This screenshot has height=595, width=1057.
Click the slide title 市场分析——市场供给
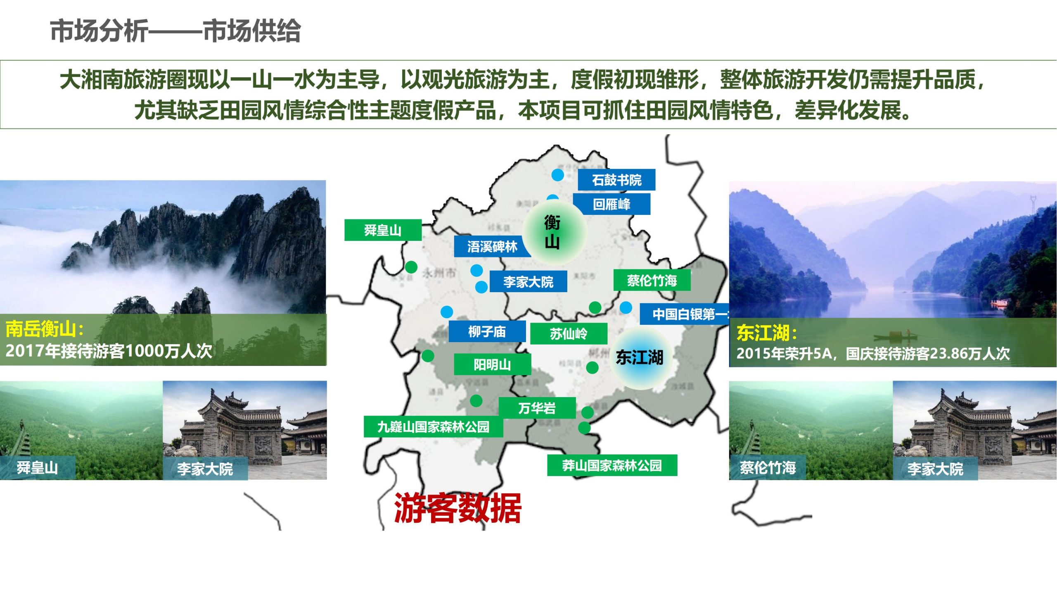(x=175, y=31)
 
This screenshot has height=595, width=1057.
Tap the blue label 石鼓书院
(x=616, y=180)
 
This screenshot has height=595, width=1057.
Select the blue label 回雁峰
(x=611, y=204)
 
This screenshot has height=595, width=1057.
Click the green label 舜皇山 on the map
(x=383, y=230)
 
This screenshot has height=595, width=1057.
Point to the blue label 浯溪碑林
(x=492, y=247)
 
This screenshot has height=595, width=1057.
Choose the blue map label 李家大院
(x=528, y=282)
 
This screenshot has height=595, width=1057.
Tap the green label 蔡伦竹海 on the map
(x=652, y=280)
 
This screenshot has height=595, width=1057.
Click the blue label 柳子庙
(x=487, y=331)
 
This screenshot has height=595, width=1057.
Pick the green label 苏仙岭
(x=569, y=333)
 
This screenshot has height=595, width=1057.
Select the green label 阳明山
(x=492, y=364)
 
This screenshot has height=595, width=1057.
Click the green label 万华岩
(x=537, y=408)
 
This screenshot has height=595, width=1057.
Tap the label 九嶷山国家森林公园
(x=433, y=426)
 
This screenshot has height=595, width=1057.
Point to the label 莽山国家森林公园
(x=612, y=465)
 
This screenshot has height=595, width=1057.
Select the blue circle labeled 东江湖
(x=639, y=357)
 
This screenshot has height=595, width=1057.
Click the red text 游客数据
(x=457, y=508)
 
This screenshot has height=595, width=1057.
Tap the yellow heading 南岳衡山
(x=45, y=329)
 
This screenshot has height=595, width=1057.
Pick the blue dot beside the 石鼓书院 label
(x=558, y=175)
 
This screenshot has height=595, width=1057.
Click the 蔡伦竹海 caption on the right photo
(x=768, y=468)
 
